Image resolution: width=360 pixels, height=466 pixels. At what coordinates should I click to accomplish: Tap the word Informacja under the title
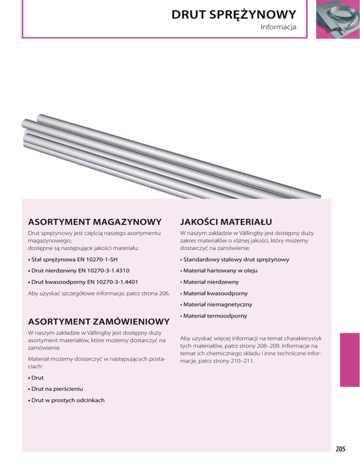[x=278, y=28]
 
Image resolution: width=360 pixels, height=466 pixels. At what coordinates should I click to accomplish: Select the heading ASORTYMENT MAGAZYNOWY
[x=95, y=221]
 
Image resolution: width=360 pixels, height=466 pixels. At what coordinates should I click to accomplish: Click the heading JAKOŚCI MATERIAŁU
[x=226, y=221]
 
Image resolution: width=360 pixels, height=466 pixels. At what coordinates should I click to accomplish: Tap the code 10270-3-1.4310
[x=107, y=271]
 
